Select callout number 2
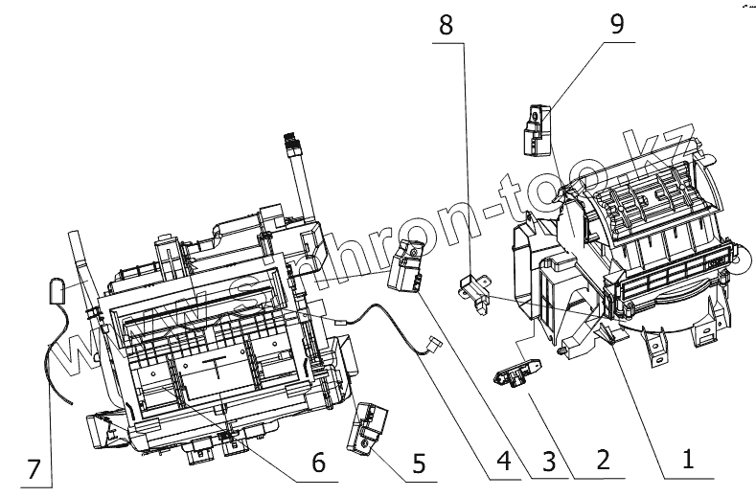pos(602,461)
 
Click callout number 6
pos(318,461)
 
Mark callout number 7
pos(35,468)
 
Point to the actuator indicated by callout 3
pos(407,265)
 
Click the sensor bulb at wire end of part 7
pos(57,289)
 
